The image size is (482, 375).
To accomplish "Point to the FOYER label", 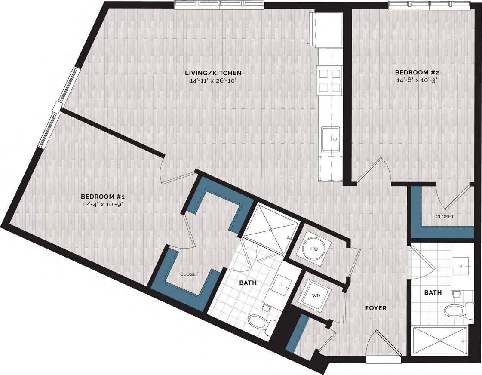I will (376, 308).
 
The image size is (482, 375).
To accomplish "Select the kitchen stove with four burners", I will (329, 80).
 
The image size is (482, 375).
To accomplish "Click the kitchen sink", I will (331, 138).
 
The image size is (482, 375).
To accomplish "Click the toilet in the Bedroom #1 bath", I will (258, 322).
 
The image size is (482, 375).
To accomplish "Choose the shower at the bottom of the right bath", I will (440, 341).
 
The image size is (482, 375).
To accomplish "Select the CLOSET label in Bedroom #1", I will (189, 274).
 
